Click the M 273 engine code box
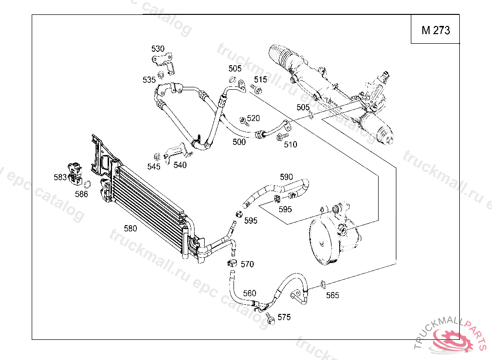435,30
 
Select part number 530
158,48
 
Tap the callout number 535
149,79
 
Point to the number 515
260,79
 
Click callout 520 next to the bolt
253,118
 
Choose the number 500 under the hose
239,142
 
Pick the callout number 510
291,144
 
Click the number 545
154,167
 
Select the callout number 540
180,165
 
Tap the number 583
60,177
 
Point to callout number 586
82,194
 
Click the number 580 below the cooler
131,228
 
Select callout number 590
286,177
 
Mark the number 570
247,264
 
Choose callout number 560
249,293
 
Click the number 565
332,295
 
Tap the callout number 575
284,317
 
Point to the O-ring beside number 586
87,184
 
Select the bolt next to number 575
271,318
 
